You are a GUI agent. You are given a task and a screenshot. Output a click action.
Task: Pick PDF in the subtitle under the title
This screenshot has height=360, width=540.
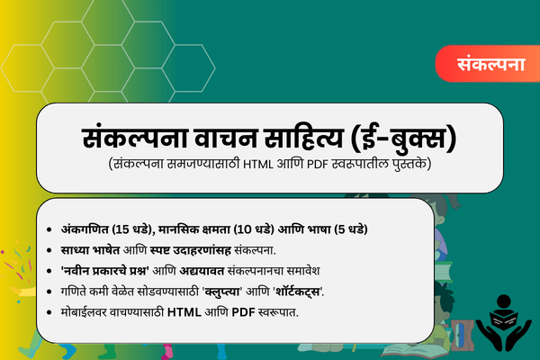point(323,166)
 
